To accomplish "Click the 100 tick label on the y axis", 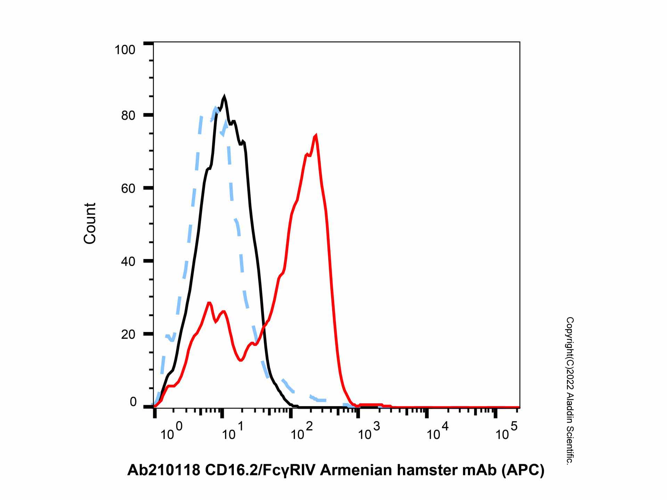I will point(125,50).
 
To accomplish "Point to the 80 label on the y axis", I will point(128,116).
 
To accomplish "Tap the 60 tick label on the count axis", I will point(128,189).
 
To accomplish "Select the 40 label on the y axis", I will point(128,261).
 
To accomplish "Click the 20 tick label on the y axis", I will point(128,334).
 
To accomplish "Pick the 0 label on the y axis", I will point(133,402).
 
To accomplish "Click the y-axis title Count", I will point(90,223).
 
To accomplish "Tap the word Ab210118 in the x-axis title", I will point(164,470).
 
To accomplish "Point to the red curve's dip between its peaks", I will point(241,360).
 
